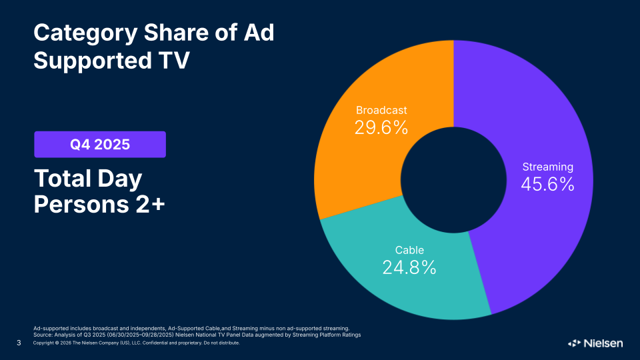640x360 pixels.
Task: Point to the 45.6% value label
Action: point(547,185)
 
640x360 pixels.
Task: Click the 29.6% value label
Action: point(381,127)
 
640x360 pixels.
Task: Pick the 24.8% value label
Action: point(409,267)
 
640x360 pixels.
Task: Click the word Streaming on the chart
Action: point(547,167)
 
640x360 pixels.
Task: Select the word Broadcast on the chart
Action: point(381,110)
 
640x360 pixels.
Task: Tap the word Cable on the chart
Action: point(409,250)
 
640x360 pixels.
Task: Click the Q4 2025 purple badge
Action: point(100,144)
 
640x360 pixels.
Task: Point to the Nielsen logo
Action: point(595,343)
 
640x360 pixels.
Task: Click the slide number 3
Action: point(19,343)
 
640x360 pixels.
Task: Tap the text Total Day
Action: point(89,179)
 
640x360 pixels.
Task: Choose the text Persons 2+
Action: point(99,205)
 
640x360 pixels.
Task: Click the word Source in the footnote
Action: point(43,335)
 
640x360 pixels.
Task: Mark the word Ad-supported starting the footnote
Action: point(52,328)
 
